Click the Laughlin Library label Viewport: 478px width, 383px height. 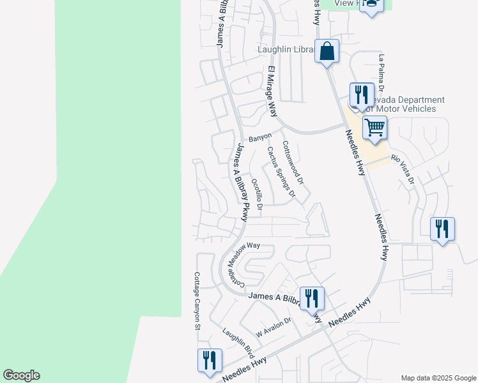[x=286, y=50]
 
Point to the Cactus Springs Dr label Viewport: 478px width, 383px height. [x=281, y=171]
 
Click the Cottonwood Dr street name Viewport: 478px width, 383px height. [x=291, y=163]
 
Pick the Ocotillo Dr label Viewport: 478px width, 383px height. [x=257, y=195]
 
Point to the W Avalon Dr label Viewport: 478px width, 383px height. [x=274, y=327]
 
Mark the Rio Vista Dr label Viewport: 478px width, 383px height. [x=403, y=169]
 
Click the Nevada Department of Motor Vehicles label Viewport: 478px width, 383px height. [x=403, y=104]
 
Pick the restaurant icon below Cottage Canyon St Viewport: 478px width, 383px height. [x=210, y=360]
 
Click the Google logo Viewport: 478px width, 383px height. [x=21, y=375]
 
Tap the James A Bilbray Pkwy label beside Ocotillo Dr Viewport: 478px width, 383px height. [x=240, y=182]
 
